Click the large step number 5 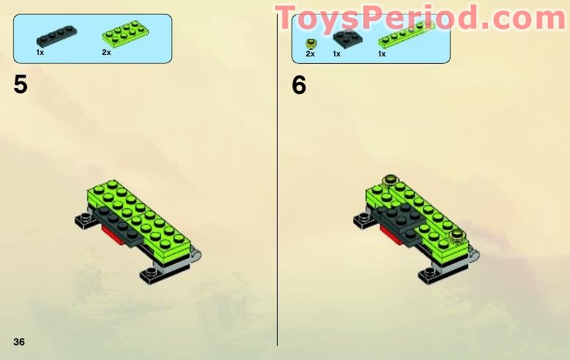click(21, 84)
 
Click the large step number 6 click(299, 84)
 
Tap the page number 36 click(19, 342)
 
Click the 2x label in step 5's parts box click(106, 53)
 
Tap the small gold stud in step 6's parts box click(311, 42)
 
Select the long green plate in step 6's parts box click(405, 36)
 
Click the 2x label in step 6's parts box click(310, 54)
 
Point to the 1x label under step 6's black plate click(336, 54)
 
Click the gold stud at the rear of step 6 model click(390, 179)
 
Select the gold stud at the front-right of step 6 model click(458, 235)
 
